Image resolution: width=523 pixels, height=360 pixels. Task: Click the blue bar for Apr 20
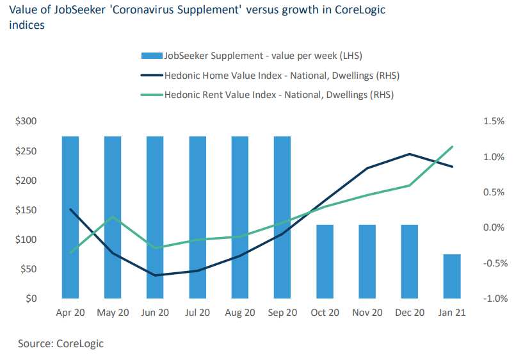[x=70, y=217]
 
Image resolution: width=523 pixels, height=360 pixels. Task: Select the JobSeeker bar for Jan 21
[x=452, y=276]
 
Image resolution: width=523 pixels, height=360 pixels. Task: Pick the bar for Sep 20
[x=282, y=217]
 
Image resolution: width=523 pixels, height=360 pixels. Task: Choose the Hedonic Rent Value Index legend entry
[x=278, y=95]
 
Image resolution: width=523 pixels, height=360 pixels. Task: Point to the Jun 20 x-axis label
[x=155, y=313]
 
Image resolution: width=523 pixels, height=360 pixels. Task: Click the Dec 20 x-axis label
[x=410, y=313]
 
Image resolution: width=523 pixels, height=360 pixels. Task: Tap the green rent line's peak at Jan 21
[x=452, y=147]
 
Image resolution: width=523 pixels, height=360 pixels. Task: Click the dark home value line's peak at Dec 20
[x=410, y=154]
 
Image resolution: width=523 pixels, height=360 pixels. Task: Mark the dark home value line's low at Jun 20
[x=155, y=275]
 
